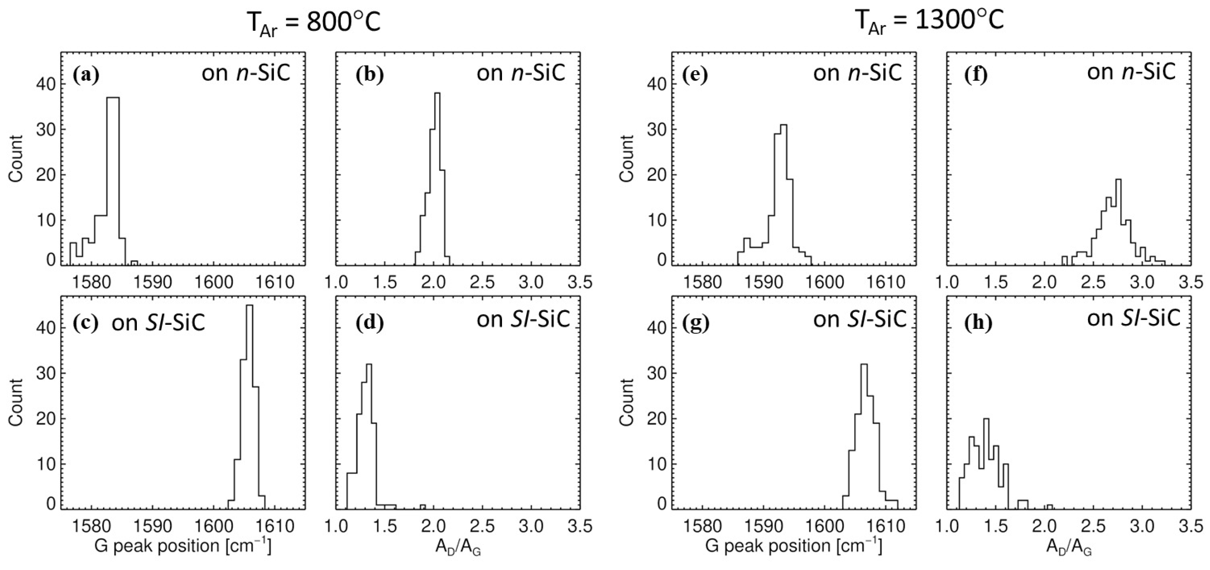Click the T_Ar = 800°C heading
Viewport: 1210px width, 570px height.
point(313,22)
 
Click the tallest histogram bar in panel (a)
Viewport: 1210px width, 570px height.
point(113,178)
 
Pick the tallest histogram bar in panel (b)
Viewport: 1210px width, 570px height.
point(437,178)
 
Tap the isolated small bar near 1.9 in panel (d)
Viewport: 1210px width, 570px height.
point(423,506)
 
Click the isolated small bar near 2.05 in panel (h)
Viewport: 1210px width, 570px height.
point(1050,506)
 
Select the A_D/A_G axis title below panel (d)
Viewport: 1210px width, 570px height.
point(458,547)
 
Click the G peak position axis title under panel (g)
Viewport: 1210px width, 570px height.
point(794,545)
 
